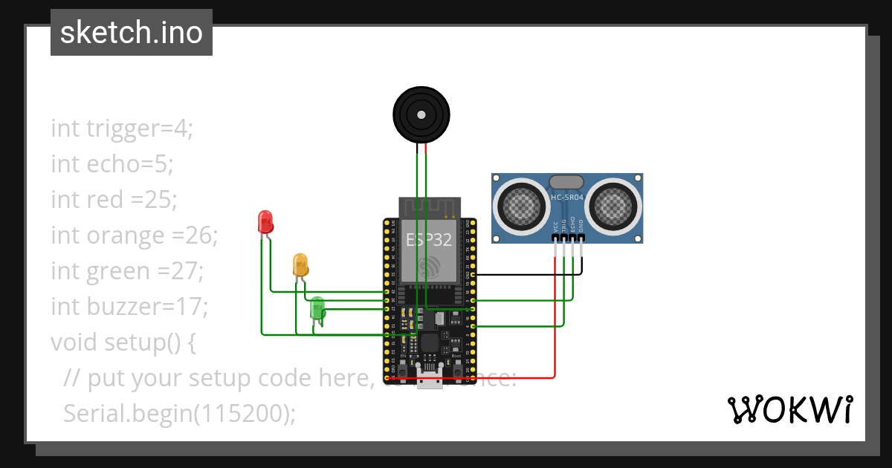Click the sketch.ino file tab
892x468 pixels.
132,33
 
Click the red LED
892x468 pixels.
265,221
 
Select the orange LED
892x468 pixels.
300,264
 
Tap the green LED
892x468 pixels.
317,308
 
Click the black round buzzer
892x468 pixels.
421,114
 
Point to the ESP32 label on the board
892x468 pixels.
429,239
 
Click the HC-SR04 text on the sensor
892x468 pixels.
566,198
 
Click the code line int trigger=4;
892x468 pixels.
122,129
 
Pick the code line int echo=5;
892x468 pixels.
112,164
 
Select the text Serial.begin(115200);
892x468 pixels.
179,413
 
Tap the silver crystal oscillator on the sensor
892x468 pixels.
566,182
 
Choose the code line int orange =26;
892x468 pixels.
135,235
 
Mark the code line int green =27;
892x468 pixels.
127,271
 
